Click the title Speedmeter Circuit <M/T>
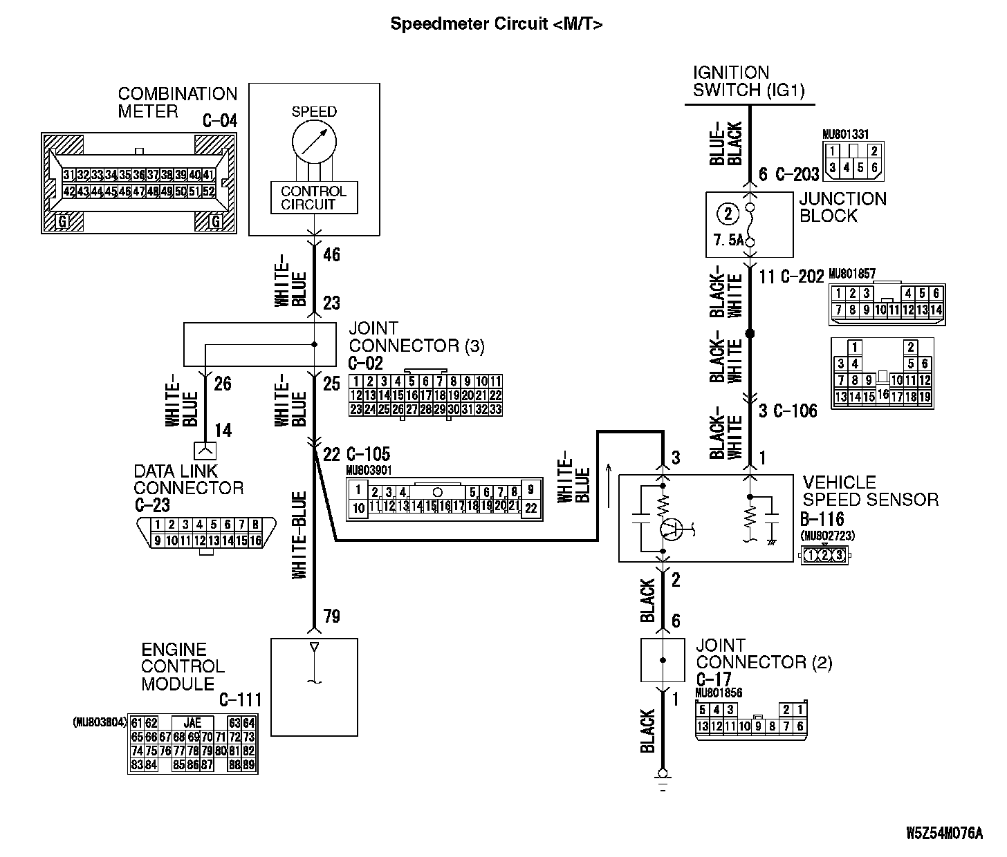(496, 24)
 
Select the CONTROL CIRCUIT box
(313, 198)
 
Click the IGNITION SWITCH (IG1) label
(749, 82)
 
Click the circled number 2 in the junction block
(728, 214)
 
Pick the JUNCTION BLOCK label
(842, 207)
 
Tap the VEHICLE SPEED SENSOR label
(870, 491)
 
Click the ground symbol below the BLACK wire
(663, 777)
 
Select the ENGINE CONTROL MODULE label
(183, 666)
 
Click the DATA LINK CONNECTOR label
(188, 480)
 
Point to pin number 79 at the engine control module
(332, 616)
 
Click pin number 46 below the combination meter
(332, 255)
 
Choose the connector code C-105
(367, 454)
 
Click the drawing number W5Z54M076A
(944, 833)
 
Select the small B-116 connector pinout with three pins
(824, 554)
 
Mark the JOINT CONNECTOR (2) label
(764, 654)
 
